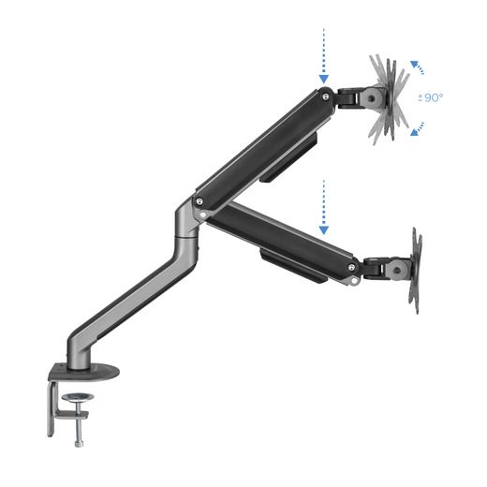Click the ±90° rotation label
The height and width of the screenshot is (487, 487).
(431, 97)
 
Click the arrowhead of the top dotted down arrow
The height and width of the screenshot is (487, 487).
(323, 78)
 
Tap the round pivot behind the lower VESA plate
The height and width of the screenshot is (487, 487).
(397, 269)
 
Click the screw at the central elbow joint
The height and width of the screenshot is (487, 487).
(199, 199)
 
